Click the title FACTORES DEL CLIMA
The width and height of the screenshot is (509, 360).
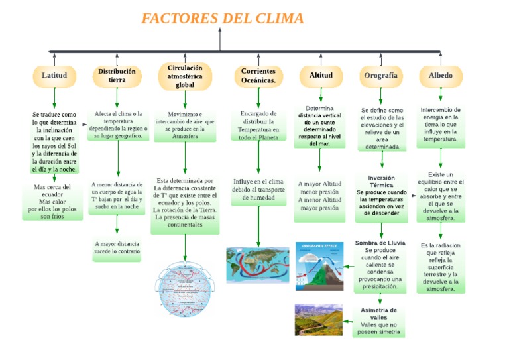coord(223,18)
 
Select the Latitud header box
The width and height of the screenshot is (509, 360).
coord(54,76)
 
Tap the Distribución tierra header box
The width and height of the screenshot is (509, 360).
coord(117,76)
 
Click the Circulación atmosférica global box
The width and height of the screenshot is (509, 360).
coord(185,76)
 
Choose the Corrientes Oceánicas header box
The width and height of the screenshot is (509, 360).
coord(258,76)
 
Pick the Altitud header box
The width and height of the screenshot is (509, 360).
coord(321,76)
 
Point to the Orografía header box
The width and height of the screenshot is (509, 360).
coord(381,76)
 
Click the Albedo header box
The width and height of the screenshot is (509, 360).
coord(441,76)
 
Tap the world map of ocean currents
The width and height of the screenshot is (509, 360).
coord(258,265)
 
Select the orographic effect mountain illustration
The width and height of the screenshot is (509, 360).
coord(319,266)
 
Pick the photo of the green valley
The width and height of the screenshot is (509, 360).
coord(319,320)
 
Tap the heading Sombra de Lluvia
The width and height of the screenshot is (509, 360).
coord(380,243)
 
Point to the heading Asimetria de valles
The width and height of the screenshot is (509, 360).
coord(379,313)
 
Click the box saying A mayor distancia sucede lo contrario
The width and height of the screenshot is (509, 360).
coord(117,248)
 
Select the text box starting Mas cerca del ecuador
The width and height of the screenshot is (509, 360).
coord(52,202)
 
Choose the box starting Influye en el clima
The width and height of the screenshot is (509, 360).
coord(258,190)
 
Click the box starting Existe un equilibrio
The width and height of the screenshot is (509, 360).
coord(441,196)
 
